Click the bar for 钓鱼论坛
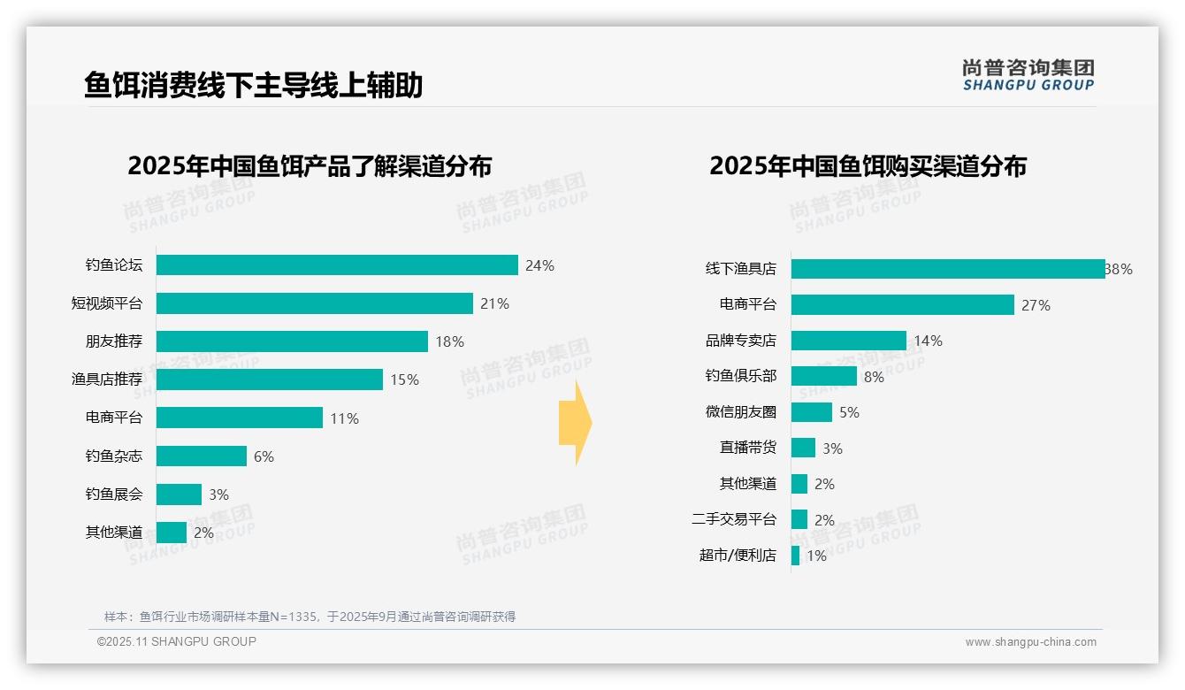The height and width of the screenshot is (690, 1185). click(x=337, y=265)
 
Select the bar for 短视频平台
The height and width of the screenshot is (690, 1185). click(x=315, y=303)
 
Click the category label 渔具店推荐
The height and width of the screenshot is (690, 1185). click(x=107, y=379)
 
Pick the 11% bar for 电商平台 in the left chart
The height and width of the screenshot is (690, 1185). click(x=240, y=418)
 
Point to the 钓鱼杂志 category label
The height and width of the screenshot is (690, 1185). click(x=114, y=456)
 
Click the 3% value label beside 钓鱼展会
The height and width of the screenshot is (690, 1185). click(x=219, y=494)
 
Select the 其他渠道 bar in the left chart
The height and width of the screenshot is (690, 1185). click(x=172, y=533)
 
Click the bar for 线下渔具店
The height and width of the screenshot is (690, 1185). click(x=948, y=269)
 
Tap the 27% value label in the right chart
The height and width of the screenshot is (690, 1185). click(x=1036, y=305)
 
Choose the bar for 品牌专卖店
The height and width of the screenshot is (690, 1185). click(x=849, y=341)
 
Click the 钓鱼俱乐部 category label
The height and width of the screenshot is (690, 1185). click(x=740, y=376)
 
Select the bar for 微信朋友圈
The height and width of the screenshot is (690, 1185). click(x=812, y=412)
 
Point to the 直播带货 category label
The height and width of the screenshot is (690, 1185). click(x=747, y=448)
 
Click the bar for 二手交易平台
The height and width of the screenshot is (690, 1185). click(x=799, y=519)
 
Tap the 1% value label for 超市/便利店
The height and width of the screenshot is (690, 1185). click(x=816, y=556)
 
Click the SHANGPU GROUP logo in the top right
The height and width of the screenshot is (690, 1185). click(x=1028, y=75)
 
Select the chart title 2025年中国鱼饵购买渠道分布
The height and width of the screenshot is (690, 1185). click(x=868, y=166)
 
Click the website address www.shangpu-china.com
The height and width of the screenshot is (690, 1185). click(x=1030, y=642)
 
